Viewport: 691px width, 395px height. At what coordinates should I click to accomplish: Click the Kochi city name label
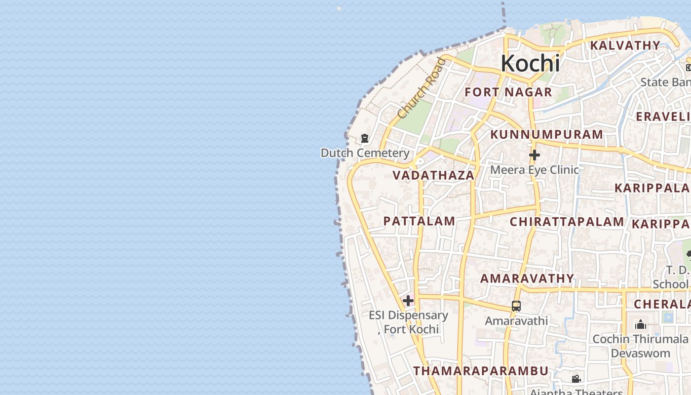(x=530, y=64)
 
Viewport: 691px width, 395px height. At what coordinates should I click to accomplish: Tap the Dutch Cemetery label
(x=365, y=153)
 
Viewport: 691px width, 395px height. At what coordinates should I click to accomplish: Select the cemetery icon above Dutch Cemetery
(x=365, y=138)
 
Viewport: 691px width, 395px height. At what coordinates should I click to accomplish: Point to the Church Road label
(x=421, y=88)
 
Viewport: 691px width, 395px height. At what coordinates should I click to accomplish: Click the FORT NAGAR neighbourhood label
(x=508, y=92)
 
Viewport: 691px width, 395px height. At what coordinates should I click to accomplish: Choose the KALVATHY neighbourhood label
(x=625, y=45)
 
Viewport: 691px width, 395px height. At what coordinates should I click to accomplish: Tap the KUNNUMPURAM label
(x=546, y=134)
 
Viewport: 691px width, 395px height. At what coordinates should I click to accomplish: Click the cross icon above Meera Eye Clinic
(x=534, y=156)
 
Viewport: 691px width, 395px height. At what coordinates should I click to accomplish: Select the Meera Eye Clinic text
(x=534, y=170)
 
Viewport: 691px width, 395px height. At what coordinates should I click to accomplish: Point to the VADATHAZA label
(x=433, y=175)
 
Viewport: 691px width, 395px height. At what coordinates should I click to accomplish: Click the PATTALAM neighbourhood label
(x=419, y=221)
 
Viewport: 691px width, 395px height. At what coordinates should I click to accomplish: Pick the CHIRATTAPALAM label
(x=567, y=222)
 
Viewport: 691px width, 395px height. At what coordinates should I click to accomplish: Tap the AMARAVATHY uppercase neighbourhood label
(x=527, y=278)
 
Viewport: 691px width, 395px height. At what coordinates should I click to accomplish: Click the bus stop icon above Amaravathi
(x=516, y=306)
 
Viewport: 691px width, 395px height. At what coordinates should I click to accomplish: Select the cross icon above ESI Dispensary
(x=408, y=300)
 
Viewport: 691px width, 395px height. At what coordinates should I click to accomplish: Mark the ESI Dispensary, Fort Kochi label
(x=409, y=322)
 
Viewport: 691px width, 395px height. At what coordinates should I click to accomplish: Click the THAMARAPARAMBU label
(x=481, y=371)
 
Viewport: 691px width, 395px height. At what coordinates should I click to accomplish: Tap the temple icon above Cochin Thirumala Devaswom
(x=641, y=324)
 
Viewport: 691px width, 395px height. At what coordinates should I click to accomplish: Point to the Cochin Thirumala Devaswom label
(x=640, y=346)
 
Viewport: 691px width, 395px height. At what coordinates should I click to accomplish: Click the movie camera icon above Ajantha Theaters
(x=576, y=379)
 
